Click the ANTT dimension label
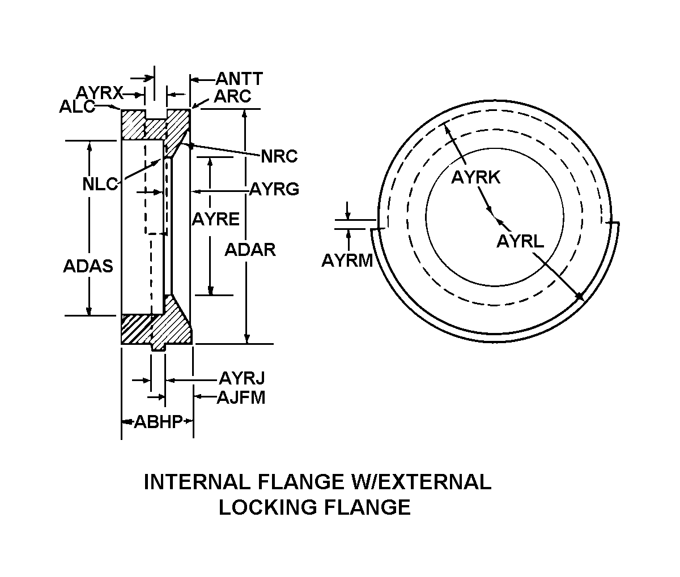point(239,79)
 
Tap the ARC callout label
point(232,96)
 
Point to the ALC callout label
point(77,106)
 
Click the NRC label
point(279,156)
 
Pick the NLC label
point(100,184)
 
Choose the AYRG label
point(274,189)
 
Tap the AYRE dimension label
point(215,219)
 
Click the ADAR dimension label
point(250,249)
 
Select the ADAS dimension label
point(88,266)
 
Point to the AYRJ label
point(242,378)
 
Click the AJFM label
point(241,397)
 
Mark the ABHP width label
point(158,422)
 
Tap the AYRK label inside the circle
point(475,177)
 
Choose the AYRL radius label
point(520,241)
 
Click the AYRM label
point(347,260)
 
